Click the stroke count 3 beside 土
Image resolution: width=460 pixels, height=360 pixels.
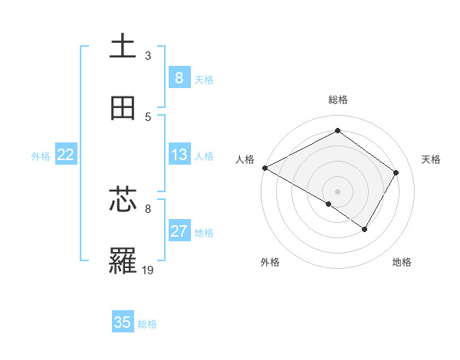(x=147, y=56)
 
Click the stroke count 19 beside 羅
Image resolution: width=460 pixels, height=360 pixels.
(x=148, y=270)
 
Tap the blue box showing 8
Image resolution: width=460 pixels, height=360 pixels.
(x=179, y=78)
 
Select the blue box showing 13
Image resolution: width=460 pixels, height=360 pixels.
(x=179, y=155)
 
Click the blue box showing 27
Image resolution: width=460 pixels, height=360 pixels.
(x=179, y=232)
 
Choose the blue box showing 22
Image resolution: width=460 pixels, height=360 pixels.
(x=66, y=155)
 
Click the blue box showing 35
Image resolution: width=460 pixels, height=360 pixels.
(x=123, y=322)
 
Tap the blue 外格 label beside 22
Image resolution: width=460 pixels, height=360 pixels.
(x=41, y=156)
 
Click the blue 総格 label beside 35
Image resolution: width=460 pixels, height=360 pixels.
(x=147, y=324)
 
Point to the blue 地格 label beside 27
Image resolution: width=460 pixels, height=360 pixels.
(x=204, y=233)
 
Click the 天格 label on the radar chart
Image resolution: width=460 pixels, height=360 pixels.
(x=432, y=159)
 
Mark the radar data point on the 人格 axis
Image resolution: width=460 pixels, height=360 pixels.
(x=264, y=168)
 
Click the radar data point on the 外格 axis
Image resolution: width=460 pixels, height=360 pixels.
(x=329, y=205)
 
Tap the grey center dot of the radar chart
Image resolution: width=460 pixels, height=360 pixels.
(x=337, y=191)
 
